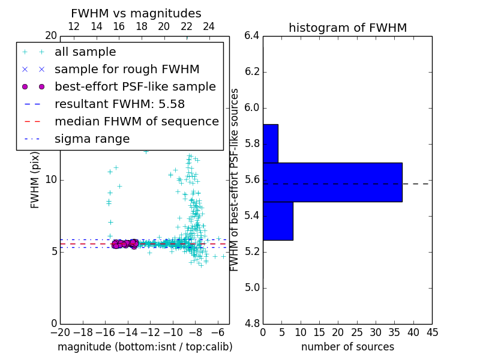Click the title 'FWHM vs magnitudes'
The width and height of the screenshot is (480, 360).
pos(136,14)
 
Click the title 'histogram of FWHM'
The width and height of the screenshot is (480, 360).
pos(347,28)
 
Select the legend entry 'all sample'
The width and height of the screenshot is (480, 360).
pos(85,52)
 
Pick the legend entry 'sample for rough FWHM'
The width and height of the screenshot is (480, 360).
pos(127,70)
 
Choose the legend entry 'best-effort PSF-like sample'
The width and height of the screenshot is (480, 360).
pos(135,86)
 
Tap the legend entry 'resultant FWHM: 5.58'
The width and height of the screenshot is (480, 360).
pos(119,104)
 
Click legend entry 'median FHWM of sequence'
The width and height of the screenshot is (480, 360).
pos(136,121)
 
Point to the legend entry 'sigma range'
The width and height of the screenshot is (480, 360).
pos(92,139)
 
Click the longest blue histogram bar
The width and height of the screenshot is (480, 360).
pos(332,182)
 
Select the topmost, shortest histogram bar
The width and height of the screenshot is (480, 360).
pos(270,143)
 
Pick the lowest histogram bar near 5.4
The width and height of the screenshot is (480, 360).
pos(278,221)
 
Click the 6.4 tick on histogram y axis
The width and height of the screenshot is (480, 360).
pos(251,36)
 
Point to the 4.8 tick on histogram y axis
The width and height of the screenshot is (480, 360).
pos(251,323)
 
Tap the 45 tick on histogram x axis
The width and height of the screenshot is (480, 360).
pos(432,332)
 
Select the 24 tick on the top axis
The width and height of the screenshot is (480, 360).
pos(209,27)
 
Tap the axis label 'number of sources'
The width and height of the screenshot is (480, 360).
pos(347,347)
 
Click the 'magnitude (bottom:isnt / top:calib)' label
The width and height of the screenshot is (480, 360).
pos(145,347)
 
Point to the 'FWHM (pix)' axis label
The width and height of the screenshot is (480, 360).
pos(35,180)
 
